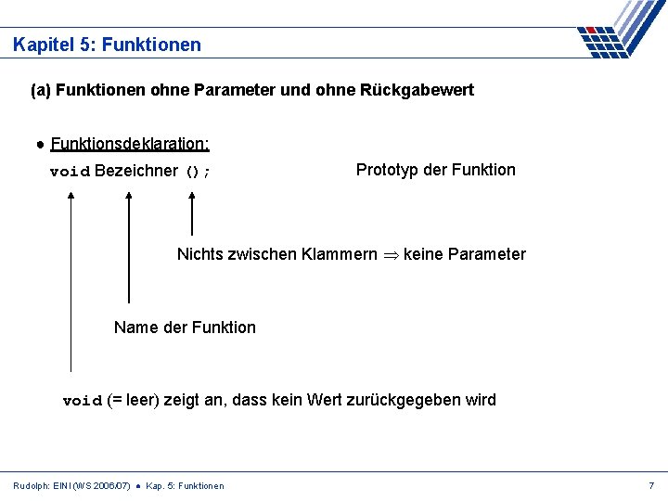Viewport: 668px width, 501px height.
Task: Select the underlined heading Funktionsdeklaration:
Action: (x=130, y=144)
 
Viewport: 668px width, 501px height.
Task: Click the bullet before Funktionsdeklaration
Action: (x=41, y=145)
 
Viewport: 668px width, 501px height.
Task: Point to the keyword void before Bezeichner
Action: (x=70, y=172)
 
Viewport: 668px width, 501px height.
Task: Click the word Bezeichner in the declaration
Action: (x=135, y=171)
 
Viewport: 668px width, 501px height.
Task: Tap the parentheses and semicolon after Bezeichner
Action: (x=199, y=172)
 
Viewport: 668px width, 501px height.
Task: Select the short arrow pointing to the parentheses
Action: (x=192, y=214)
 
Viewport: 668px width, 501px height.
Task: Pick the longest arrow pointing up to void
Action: (x=71, y=278)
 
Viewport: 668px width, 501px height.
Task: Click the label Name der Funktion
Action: (x=185, y=327)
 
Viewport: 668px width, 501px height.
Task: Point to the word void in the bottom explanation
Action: (x=82, y=401)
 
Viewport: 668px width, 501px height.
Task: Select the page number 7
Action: (x=651, y=485)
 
